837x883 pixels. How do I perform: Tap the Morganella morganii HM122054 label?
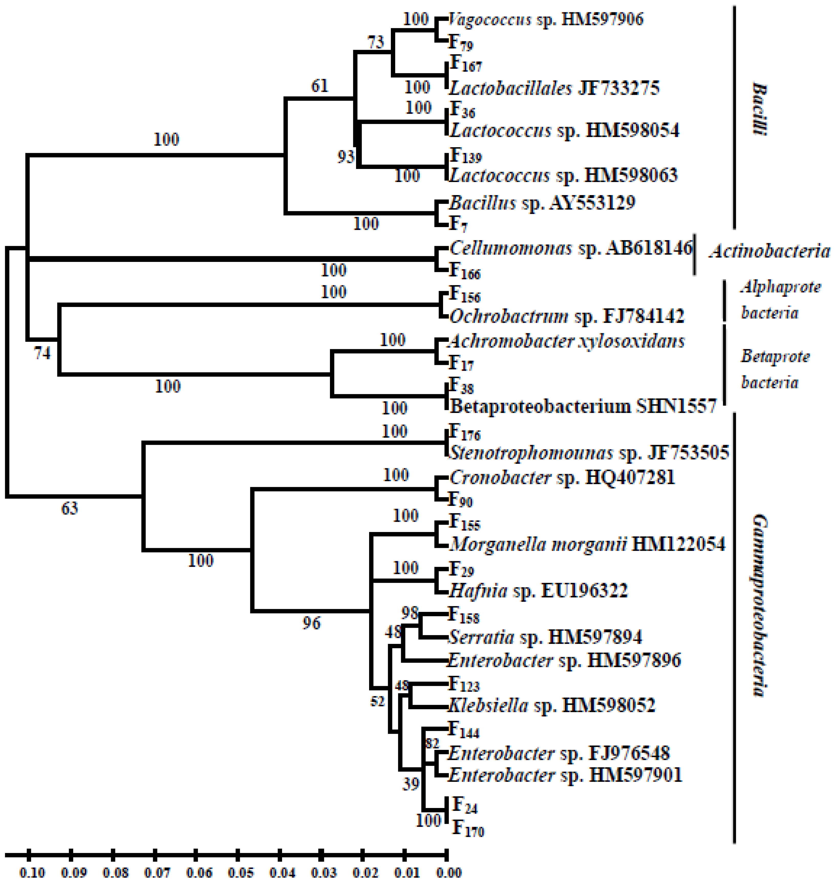[587, 544]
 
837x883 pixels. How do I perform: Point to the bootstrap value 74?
[43, 353]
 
